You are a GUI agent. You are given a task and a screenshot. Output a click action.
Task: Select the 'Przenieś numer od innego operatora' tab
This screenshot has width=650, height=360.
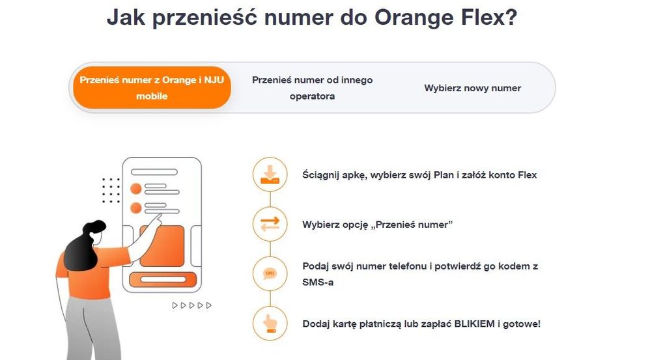point(312,88)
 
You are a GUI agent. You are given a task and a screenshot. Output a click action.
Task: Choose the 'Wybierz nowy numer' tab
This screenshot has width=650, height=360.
point(472,88)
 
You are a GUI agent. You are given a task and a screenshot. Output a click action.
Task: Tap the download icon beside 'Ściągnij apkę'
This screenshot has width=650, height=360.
point(269,174)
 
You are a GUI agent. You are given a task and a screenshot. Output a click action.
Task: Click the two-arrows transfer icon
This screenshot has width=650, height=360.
point(269,223)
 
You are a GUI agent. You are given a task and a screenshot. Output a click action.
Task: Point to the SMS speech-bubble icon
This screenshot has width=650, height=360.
point(269,273)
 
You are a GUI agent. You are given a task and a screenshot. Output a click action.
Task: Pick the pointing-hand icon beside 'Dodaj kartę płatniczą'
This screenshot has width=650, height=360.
point(269,323)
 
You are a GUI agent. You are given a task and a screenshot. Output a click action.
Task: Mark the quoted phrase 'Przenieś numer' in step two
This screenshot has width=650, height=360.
point(413,225)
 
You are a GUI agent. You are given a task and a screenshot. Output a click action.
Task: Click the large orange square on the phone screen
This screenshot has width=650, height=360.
point(162,245)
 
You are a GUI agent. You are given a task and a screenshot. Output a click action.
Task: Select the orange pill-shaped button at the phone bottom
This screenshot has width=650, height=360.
point(162,280)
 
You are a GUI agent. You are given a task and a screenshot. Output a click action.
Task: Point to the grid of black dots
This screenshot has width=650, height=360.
point(111,190)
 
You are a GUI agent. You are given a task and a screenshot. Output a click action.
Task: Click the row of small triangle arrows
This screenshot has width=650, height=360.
point(192,305)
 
